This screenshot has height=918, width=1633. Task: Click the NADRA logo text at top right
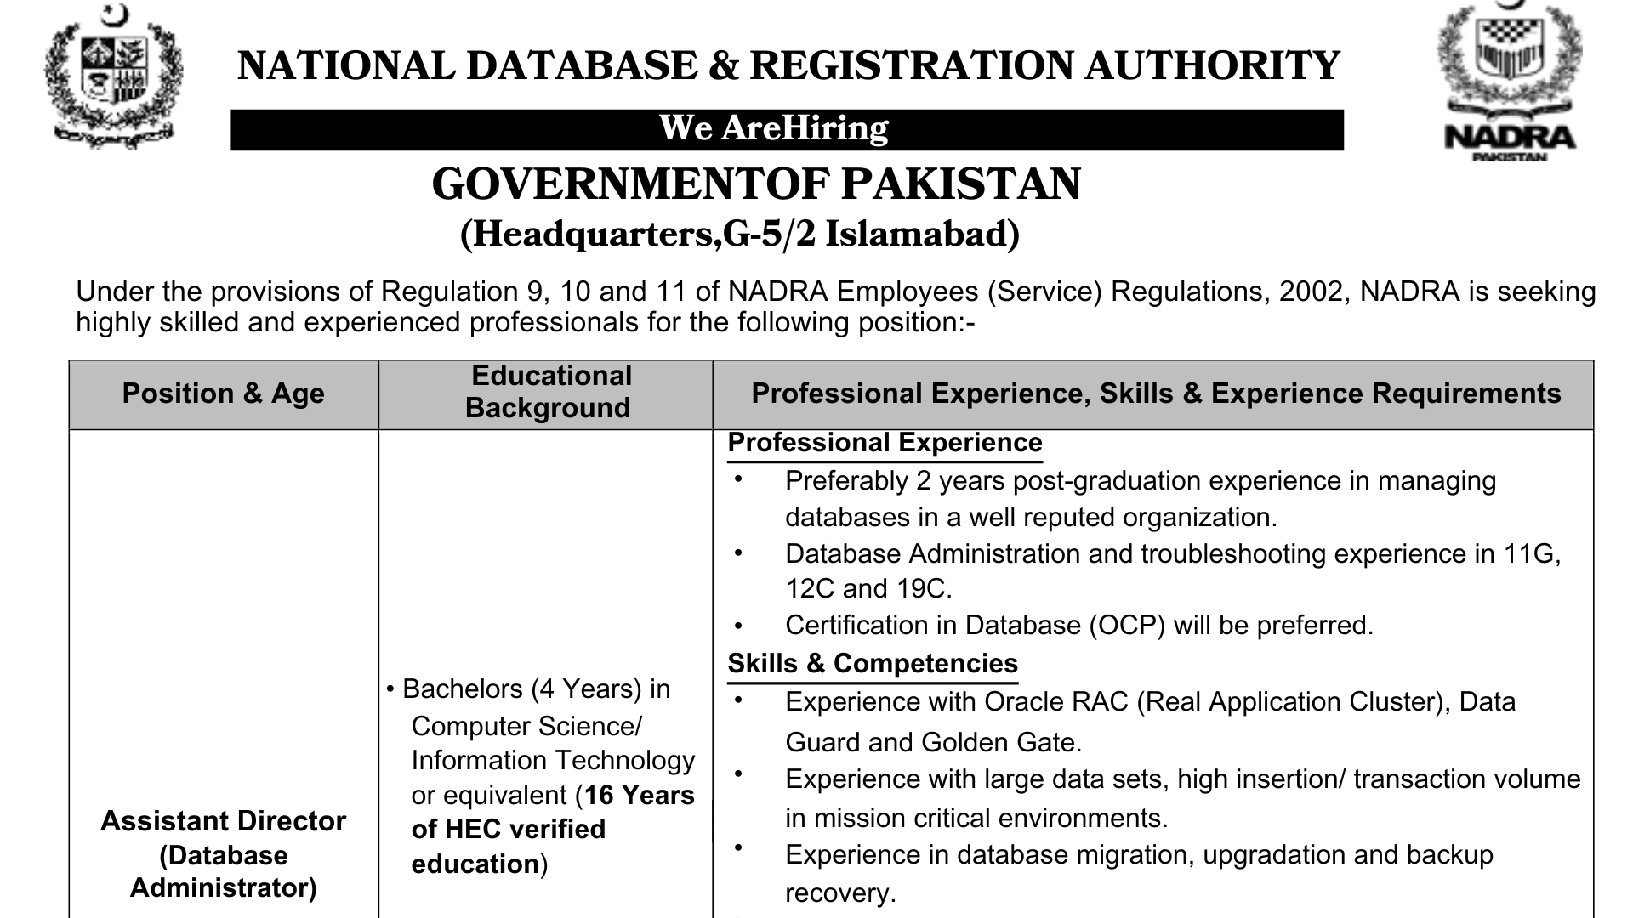(1510, 137)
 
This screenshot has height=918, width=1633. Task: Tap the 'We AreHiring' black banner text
(773, 128)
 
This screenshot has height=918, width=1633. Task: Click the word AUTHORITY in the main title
(1201, 66)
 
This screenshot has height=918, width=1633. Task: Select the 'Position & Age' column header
(223, 394)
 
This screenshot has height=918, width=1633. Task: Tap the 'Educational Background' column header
(548, 392)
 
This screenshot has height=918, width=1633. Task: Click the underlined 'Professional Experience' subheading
(885, 443)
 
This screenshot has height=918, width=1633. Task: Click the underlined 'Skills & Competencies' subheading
(873, 663)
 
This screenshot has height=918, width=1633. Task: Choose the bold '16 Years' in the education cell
(640, 795)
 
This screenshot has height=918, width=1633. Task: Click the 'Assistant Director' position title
(223, 821)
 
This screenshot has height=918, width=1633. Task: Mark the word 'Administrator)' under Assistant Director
(223, 888)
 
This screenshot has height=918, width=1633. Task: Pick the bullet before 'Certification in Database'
(738, 626)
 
